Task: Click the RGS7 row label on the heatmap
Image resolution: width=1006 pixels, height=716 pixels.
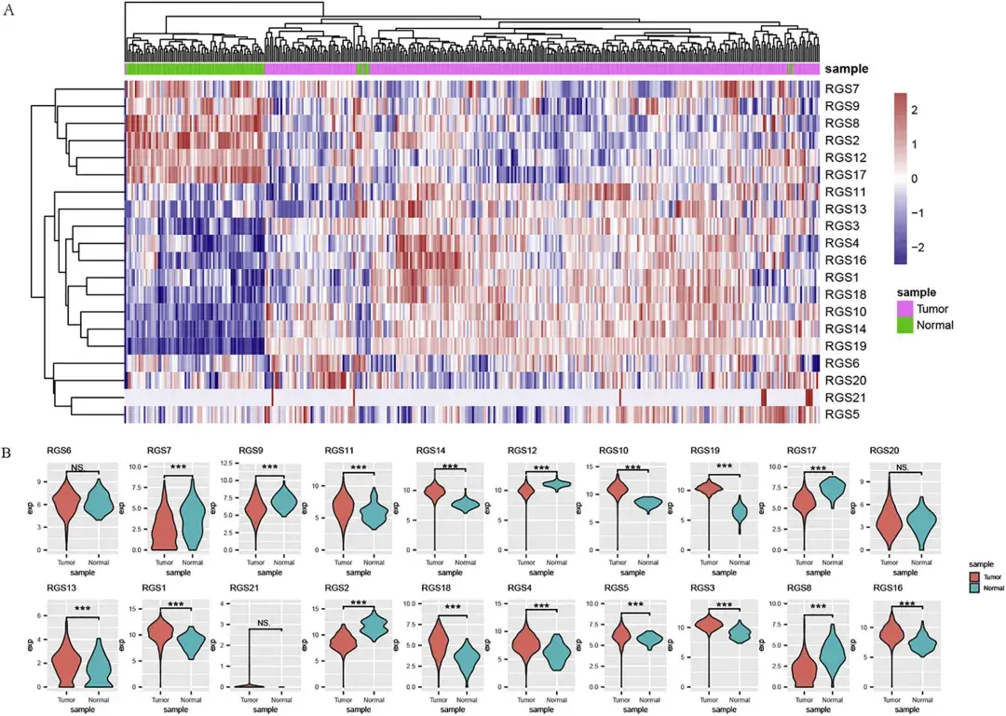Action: pyautogui.click(x=841, y=88)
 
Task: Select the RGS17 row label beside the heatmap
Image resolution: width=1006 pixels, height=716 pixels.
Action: pyautogui.click(x=845, y=174)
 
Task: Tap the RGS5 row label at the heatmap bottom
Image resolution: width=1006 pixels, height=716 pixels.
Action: pyautogui.click(x=841, y=414)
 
